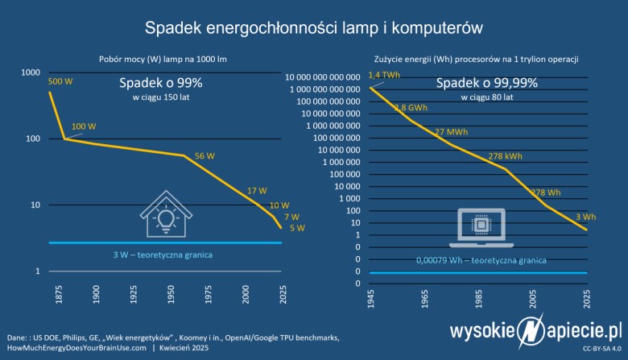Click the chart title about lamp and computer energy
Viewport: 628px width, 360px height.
click(313, 28)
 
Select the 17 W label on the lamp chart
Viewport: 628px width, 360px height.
click(256, 191)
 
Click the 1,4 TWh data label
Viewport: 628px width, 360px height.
click(383, 76)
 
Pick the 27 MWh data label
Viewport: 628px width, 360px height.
click(451, 131)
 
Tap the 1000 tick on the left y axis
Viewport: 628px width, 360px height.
click(30, 72)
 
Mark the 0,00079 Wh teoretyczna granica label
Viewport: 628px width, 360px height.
click(481, 260)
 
